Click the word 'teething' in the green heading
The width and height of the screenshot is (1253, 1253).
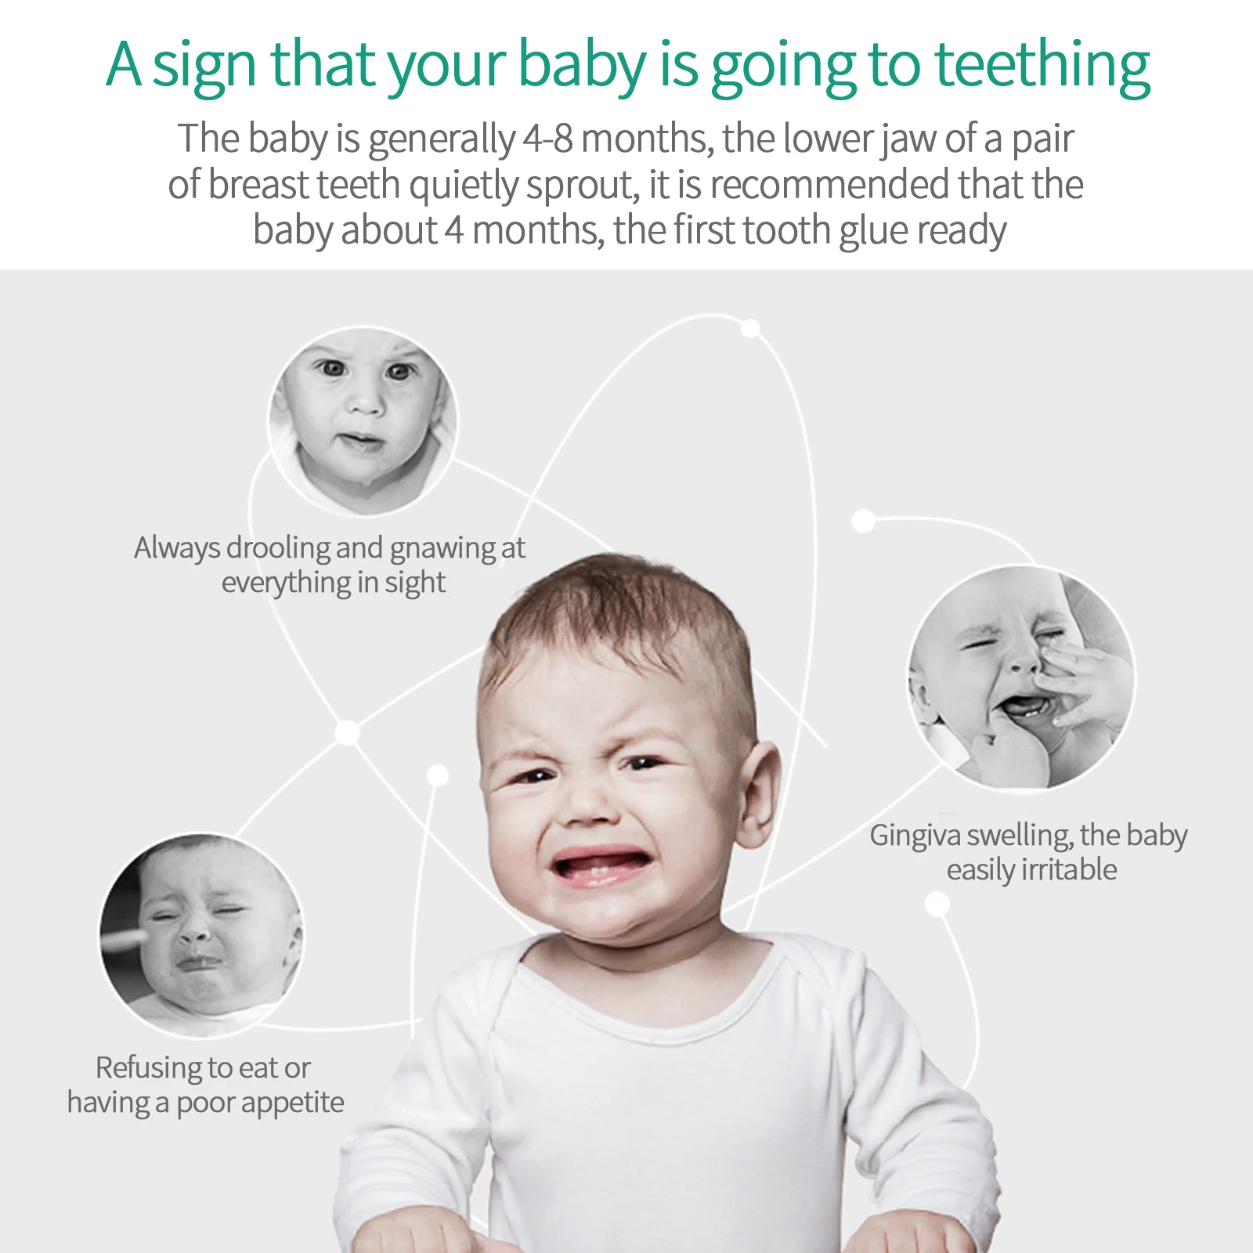point(1042,66)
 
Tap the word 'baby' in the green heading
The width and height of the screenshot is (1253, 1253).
point(582,66)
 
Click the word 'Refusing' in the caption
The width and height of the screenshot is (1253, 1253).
point(149,1067)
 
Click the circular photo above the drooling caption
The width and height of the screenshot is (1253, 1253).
point(363,421)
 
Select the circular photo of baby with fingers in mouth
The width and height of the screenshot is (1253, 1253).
point(1020,677)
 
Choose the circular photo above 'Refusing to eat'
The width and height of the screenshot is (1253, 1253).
point(201,933)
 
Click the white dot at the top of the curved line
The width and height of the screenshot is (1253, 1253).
point(750,328)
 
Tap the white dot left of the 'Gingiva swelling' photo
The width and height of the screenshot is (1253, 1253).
point(863,521)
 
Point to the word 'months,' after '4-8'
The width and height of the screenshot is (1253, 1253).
point(647,139)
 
